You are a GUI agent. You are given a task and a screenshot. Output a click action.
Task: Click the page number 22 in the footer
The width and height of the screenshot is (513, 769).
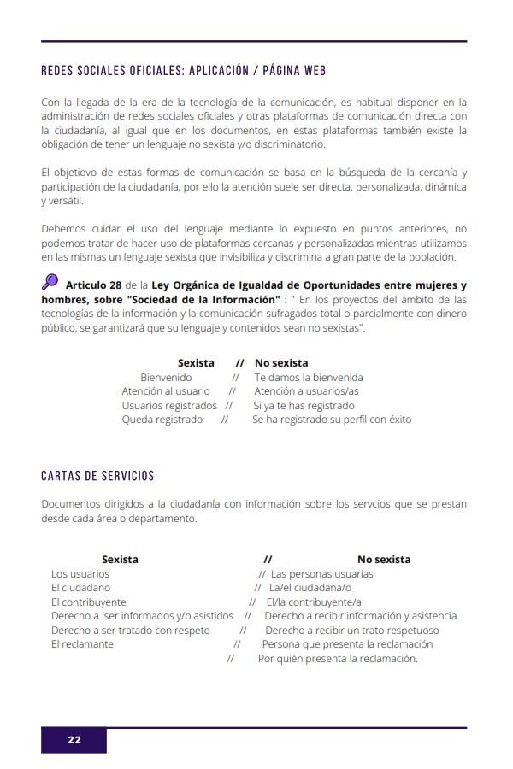[x=74, y=740]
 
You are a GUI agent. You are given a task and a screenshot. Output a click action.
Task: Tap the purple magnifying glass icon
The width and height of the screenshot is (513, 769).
[x=50, y=281]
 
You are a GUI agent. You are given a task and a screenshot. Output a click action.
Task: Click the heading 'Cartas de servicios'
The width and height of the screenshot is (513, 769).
[x=97, y=475]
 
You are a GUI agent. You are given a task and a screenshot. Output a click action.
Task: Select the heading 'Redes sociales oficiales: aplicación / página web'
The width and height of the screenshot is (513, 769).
[x=183, y=71]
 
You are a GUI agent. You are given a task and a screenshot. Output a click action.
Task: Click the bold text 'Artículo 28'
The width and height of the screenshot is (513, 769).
[x=94, y=285]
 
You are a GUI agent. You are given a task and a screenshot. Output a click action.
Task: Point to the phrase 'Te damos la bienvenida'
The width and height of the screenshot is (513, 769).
[x=309, y=377]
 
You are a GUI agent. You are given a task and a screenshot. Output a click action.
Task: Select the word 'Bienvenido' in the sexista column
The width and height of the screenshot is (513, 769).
[x=166, y=377]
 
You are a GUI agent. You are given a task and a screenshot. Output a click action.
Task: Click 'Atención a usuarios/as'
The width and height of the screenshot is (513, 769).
[x=306, y=391]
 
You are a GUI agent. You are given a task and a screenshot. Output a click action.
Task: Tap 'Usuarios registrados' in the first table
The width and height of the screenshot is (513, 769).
[x=169, y=406]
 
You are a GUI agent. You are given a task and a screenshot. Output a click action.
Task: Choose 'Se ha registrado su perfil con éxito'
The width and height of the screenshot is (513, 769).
[x=332, y=420]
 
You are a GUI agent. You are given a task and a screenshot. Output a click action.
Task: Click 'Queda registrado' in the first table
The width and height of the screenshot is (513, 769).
[x=162, y=420]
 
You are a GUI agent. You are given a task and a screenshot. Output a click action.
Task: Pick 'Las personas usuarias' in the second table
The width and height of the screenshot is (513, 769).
[x=321, y=574]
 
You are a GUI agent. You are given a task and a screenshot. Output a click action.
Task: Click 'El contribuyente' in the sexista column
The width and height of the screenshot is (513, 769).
[x=88, y=602]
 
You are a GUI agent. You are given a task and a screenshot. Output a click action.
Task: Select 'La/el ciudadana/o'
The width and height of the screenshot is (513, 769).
[x=310, y=588]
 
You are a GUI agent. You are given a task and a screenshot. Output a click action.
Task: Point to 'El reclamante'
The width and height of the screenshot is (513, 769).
[x=82, y=643]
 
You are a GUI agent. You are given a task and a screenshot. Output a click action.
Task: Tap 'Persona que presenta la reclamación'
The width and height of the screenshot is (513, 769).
[x=347, y=643]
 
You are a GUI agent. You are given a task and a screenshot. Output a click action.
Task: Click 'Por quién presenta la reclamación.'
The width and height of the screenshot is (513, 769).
[x=338, y=659]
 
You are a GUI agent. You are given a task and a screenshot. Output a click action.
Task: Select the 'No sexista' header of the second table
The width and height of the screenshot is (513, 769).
[x=384, y=560]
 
